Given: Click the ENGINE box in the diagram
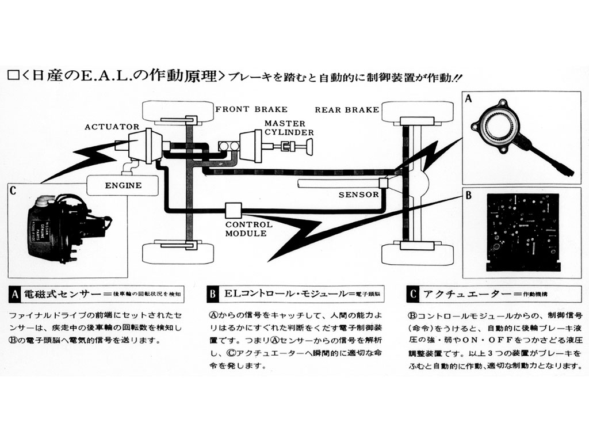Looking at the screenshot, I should (x=123, y=185).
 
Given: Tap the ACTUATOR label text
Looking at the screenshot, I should (x=112, y=127).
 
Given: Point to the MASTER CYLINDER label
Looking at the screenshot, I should (x=289, y=128).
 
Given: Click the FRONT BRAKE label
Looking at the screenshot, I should (x=251, y=109).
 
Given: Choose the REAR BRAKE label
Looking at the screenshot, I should (x=346, y=110).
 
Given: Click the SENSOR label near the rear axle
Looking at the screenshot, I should (x=358, y=195).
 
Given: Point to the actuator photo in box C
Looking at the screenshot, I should (x=60, y=227).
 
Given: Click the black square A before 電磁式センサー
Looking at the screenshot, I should (x=16, y=295).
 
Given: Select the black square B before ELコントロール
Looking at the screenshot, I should (x=212, y=295).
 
